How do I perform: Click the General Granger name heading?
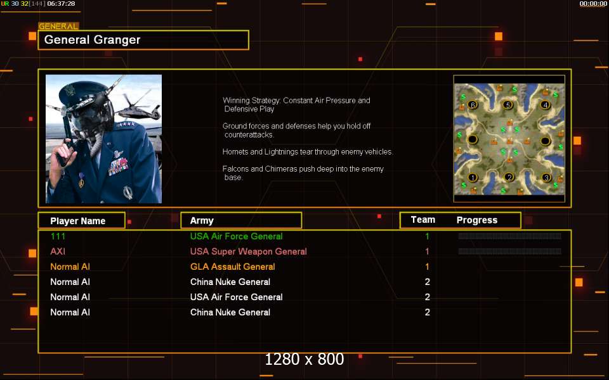click(92, 39)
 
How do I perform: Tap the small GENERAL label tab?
click(58, 26)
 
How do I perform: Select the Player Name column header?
click(77, 220)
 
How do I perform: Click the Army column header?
click(202, 220)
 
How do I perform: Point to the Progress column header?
click(477, 220)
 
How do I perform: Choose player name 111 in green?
click(58, 236)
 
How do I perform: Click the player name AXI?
click(58, 251)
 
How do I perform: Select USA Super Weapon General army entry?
click(248, 251)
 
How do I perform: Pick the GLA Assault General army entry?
click(232, 267)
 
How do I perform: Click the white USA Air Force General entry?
click(236, 297)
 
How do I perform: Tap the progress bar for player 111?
click(509, 236)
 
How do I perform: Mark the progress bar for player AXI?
click(509, 251)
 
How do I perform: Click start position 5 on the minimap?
click(507, 104)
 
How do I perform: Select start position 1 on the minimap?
click(472, 177)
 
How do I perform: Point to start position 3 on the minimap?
click(546, 177)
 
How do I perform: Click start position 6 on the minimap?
click(472, 104)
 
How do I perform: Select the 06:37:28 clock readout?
click(61, 4)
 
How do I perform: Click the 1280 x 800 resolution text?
click(304, 359)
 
